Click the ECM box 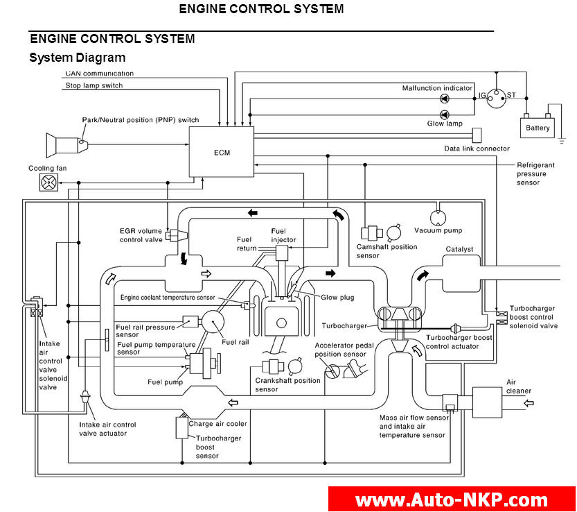click(222, 152)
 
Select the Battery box click(538, 128)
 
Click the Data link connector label click(477, 148)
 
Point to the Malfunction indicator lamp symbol click(444, 99)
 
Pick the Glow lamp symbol click(444, 114)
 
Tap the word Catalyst click(459, 249)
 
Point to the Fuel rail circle click(219, 323)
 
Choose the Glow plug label click(337, 297)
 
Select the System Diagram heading click(77, 58)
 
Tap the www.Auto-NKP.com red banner click(452, 500)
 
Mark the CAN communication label click(99, 73)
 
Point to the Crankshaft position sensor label click(287, 384)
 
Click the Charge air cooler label click(218, 423)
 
